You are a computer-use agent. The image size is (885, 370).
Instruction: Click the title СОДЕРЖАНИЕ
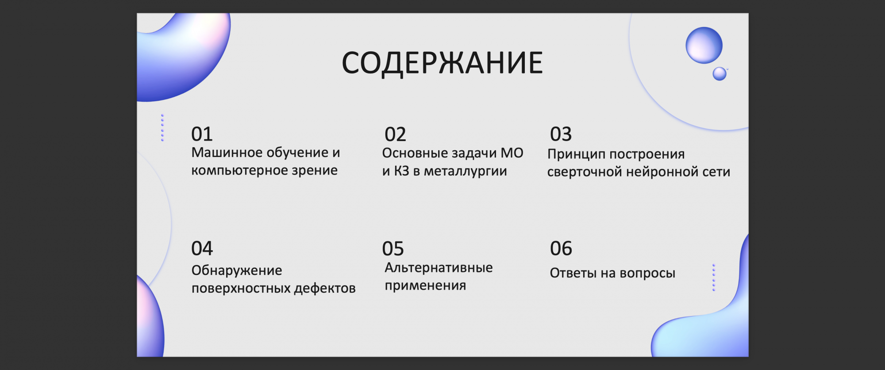(x=442, y=63)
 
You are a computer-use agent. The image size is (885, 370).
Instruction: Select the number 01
(x=202, y=134)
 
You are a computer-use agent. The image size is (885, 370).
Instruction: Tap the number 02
(x=395, y=134)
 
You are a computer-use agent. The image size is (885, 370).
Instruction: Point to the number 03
(x=561, y=134)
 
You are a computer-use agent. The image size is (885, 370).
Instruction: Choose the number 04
(x=202, y=248)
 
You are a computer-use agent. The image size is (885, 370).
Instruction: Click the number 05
(x=393, y=249)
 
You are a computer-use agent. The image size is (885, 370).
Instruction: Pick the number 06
(x=561, y=248)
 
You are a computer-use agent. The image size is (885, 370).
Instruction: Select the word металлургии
(x=466, y=171)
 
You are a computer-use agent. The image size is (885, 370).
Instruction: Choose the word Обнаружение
(x=237, y=270)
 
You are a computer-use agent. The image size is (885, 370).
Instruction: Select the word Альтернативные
(x=439, y=267)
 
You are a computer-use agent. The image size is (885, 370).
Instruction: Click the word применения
(x=425, y=286)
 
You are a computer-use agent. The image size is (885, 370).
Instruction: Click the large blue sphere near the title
(x=704, y=45)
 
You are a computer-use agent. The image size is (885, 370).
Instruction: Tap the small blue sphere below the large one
(x=720, y=74)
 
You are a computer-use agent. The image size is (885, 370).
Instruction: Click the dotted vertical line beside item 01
(x=162, y=128)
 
